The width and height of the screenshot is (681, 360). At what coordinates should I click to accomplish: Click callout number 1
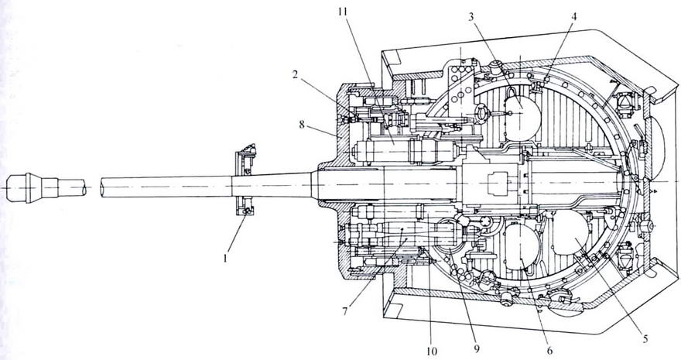click(x=225, y=259)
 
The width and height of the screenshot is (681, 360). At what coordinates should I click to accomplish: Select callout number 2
click(x=295, y=75)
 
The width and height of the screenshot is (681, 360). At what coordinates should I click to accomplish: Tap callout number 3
click(x=471, y=17)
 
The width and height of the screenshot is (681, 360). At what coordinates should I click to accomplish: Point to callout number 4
click(x=573, y=17)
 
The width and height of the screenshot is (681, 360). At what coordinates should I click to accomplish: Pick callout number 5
click(x=645, y=339)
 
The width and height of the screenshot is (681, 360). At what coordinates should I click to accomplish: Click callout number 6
click(x=550, y=350)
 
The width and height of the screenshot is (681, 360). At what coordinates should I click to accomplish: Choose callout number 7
click(x=345, y=311)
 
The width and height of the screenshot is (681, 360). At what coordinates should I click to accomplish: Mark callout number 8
click(x=302, y=125)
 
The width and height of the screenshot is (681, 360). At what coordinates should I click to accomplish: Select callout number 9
click(x=477, y=348)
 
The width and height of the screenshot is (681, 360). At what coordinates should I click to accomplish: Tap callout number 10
click(x=432, y=350)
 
